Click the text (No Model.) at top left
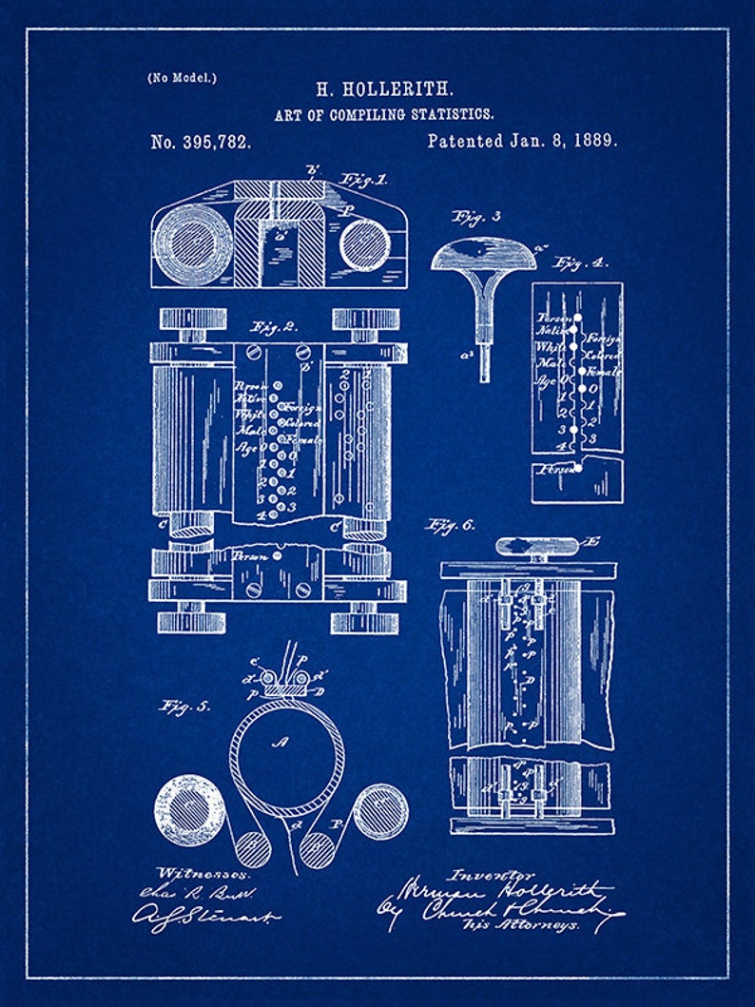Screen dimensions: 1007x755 (x=182, y=78)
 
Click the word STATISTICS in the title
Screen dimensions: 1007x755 (x=453, y=114)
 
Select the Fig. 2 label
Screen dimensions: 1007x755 (x=274, y=326)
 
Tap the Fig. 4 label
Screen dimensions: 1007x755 (x=582, y=263)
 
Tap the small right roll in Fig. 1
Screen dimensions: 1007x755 (x=365, y=244)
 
